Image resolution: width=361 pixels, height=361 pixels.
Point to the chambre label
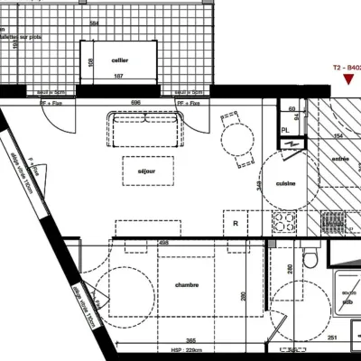[187, 285]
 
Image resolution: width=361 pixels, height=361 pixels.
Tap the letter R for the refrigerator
[236, 223]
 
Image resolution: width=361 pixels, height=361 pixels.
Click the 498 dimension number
[166, 242]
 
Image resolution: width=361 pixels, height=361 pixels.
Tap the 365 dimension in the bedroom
[191, 341]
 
